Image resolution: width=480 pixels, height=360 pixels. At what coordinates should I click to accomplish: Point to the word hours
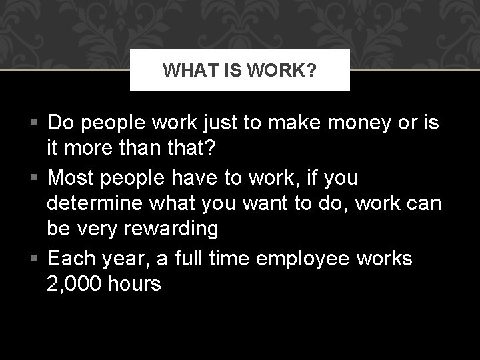pos(135,283)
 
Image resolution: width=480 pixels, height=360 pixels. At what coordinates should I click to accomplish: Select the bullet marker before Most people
pos(37,177)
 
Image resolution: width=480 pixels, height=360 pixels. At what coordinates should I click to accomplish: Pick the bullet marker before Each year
pos(37,258)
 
